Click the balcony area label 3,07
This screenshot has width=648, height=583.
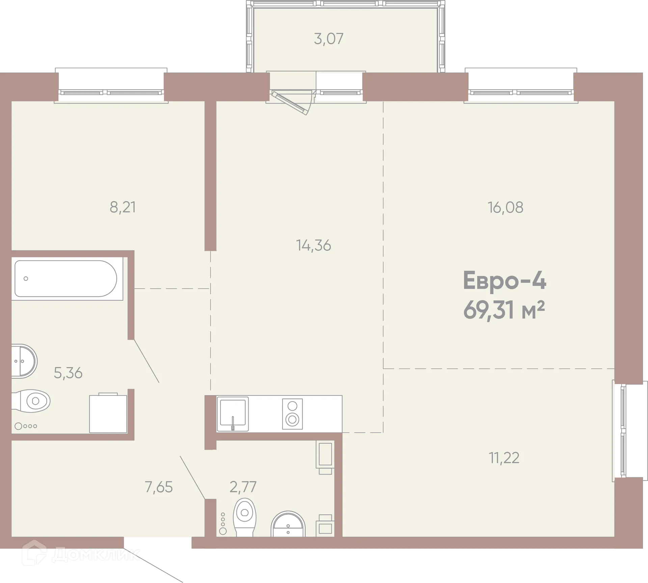pyautogui.click(x=328, y=39)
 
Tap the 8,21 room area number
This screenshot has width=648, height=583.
pyautogui.click(x=123, y=207)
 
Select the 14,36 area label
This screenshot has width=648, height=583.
pyautogui.click(x=314, y=246)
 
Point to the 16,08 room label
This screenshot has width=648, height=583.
pyautogui.click(x=505, y=207)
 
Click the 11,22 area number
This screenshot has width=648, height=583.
pyautogui.click(x=504, y=458)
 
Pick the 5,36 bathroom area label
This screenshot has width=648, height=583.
pyautogui.click(x=68, y=373)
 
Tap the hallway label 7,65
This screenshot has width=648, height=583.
pyautogui.click(x=159, y=487)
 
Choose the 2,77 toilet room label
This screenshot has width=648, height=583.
pyautogui.click(x=243, y=487)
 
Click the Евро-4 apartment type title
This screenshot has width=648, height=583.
pyautogui.click(x=504, y=281)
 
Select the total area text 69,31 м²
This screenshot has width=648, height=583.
pyautogui.click(x=504, y=310)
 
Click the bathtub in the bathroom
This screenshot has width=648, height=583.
pyautogui.click(x=66, y=279)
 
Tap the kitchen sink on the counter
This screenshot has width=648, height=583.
pyautogui.click(x=233, y=414)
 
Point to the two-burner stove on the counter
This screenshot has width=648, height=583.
pyautogui.click(x=292, y=414)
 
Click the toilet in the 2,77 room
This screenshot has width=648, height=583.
pyautogui.click(x=245, y=517)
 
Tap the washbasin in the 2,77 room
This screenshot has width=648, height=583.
pyautogui.click(x=288, y=525)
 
